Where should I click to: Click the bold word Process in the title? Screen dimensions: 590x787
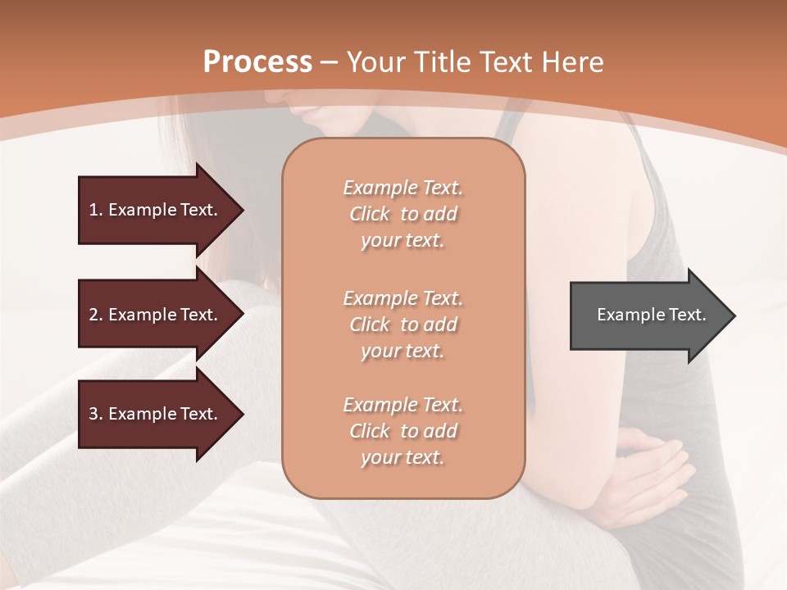(257, 62)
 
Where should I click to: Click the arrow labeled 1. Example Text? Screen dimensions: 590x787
(156, 210)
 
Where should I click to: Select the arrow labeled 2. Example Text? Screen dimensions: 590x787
(156, 315)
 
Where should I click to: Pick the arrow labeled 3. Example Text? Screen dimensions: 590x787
(156, 414)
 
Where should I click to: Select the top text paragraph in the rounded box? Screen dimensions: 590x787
(403, 214)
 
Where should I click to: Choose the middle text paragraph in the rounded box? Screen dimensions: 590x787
(403, 324)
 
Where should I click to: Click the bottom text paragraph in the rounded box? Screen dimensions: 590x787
(403, 431)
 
